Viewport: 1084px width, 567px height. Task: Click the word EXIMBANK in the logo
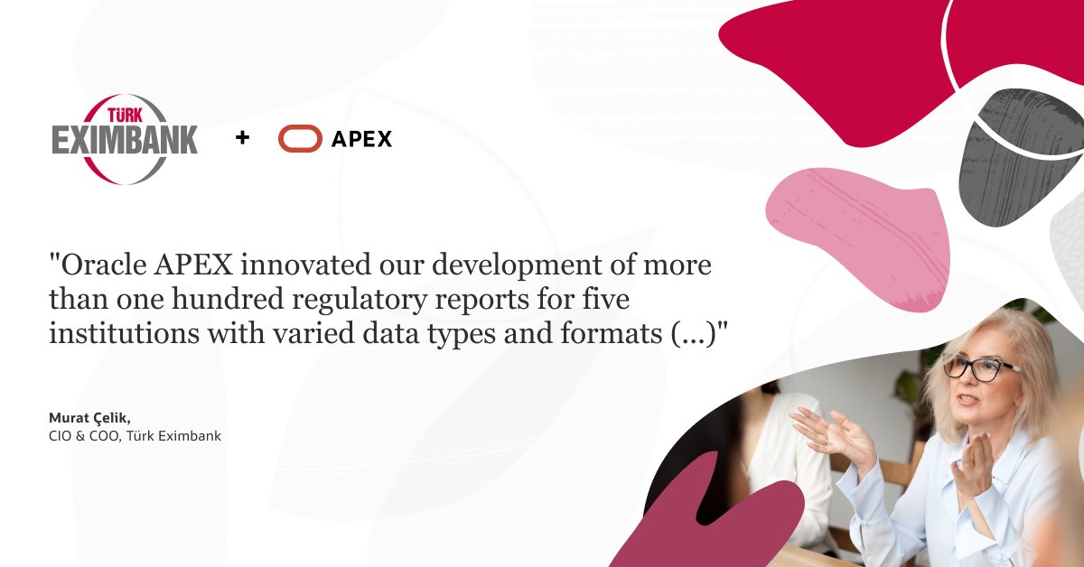pyautogui.click(x=125, y=141)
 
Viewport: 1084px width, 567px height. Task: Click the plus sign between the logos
pyautogui.click(x=242, y=138)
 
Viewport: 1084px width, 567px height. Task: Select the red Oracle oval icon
pyautogui.click(x=300, y=138)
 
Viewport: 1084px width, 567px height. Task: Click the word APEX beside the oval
pyautogui.click(x=361, y=139)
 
